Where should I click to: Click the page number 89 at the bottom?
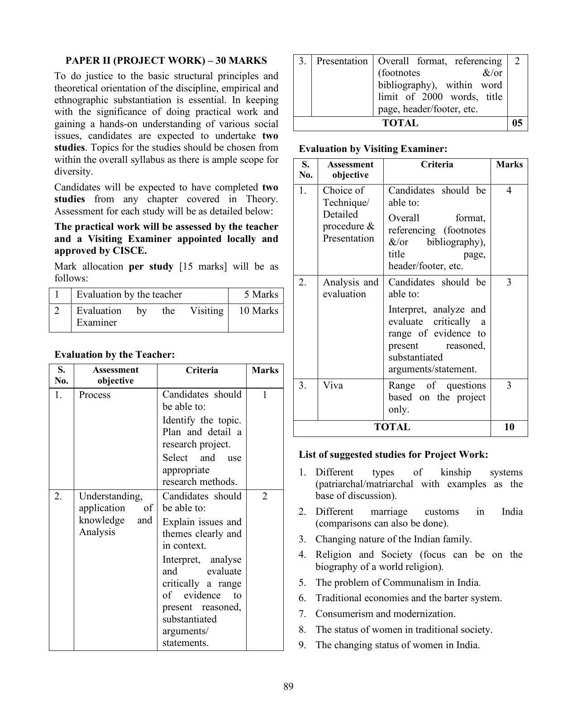pos(288,687)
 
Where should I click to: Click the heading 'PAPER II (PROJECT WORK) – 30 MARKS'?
pos(166,61)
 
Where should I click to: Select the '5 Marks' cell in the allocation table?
pos(261,294)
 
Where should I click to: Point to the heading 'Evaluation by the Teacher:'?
pos(114,355)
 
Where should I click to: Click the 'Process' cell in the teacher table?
pos(95,395)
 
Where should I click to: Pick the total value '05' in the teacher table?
pos(517,123)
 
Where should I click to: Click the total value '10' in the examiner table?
pos(509,427)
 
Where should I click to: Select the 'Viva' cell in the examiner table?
pos(333,385)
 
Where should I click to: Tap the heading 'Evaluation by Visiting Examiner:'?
pos(373,149)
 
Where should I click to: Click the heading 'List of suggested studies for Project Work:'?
pos(393,455)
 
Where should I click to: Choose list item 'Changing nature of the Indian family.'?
pos(393,539)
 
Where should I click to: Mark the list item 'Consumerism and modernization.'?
pos(385,614)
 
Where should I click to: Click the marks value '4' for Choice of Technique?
pos(509,190)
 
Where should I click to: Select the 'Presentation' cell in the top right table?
pos(342,61)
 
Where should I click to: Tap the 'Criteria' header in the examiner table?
pos(437,165)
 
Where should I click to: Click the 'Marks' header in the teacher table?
pos(265,370)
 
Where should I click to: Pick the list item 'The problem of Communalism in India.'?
pos(398,583)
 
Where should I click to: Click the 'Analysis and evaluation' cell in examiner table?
pos(350,288)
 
